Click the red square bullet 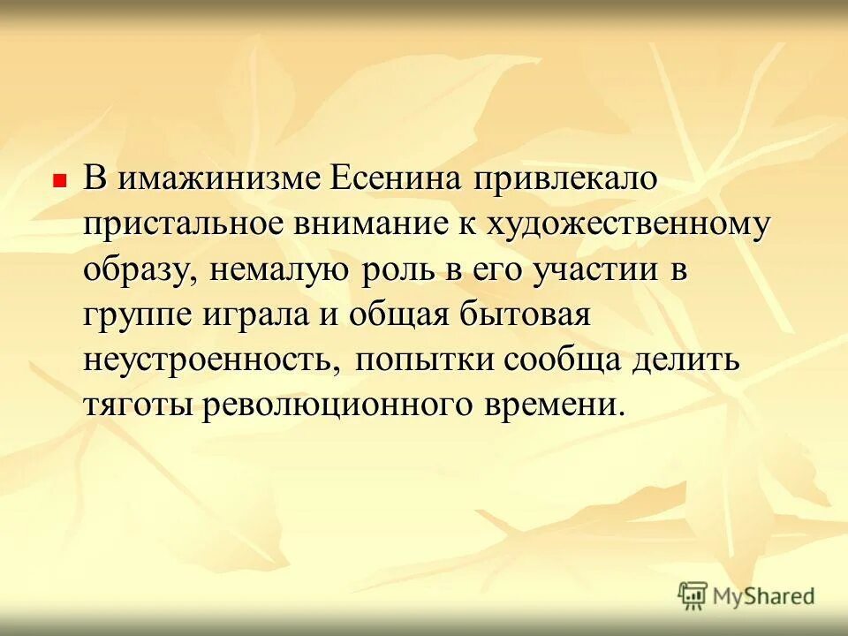[60, 179]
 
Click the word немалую [279, 270]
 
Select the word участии [594, 270]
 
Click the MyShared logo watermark [746, 594]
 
